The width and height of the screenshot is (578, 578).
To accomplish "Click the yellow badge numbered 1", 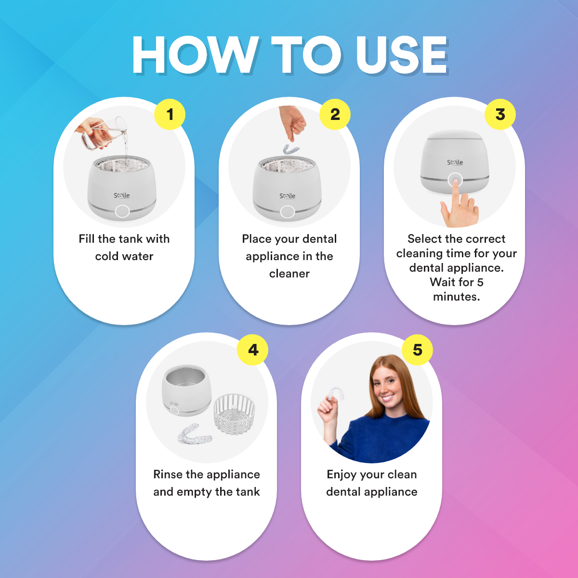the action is click(170, 114).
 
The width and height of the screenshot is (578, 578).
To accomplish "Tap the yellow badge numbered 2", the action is click(335, 114).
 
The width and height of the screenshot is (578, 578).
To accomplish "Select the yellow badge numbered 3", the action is click(500, 114).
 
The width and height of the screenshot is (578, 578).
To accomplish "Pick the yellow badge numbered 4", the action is click(252, 350).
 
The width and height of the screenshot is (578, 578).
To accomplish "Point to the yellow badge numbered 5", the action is click(418, 350).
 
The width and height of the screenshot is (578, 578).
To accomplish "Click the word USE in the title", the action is click(402, 55).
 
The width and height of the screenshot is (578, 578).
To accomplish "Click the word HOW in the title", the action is click(195, 55).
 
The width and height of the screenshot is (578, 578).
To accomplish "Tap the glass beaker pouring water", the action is click(104, 134).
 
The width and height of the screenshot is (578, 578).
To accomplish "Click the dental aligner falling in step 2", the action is click(291, 149).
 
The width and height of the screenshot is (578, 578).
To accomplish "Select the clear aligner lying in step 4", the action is click(195, 433).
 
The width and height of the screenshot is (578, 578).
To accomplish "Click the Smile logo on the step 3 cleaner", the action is click(455, 163).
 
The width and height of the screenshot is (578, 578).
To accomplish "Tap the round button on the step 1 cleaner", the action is click(122, 211).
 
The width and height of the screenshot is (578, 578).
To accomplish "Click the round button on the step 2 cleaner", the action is click(288, 211).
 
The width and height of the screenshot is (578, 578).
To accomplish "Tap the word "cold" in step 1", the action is click(107, 256).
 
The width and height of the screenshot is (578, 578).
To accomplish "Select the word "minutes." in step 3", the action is click(456, 297).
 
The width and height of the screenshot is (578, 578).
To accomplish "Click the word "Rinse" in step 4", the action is click(168, 474).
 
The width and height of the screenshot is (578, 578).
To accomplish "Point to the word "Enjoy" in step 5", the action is click(342, 475).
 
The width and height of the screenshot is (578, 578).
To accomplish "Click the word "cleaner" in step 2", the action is click(289, 274).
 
